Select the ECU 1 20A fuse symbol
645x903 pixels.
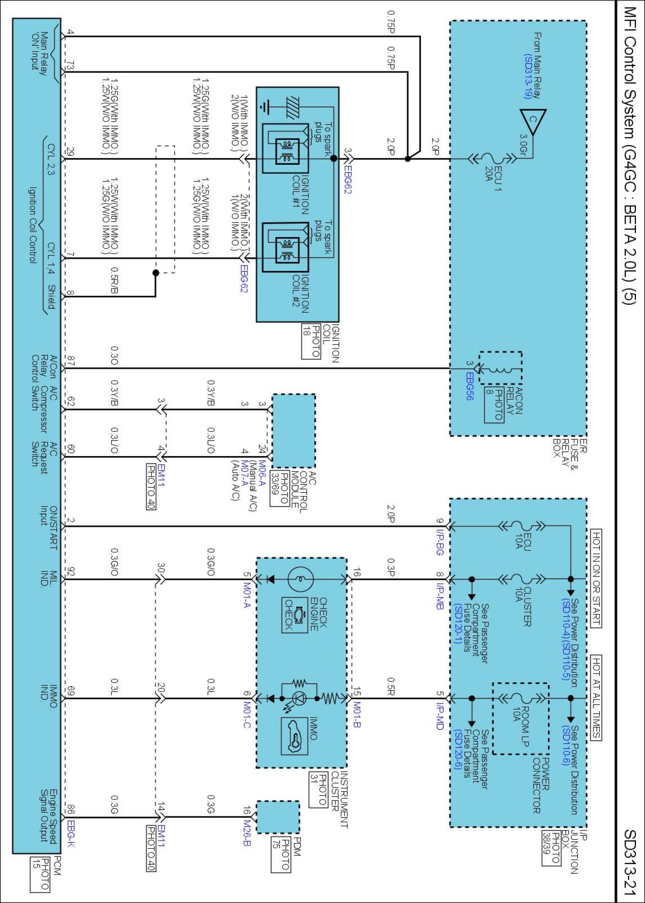coord(492,159)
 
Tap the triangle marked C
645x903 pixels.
coord(533,121)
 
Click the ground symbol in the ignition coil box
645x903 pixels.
coord(265,107)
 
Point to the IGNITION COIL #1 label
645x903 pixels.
coord(300,194)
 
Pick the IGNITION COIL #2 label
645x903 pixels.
coord(300,293)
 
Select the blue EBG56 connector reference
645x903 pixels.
coord(470,386)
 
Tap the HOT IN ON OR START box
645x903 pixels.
coord(596,578)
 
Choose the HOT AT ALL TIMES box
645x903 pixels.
coord(596,698)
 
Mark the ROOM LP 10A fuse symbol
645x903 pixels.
coord(522,698)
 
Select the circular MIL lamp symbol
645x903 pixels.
coord(300,579)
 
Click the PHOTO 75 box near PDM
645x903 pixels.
coord(280,854)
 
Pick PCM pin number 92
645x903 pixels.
coord(70,572)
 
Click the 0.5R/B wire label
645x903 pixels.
coord(115,280)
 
